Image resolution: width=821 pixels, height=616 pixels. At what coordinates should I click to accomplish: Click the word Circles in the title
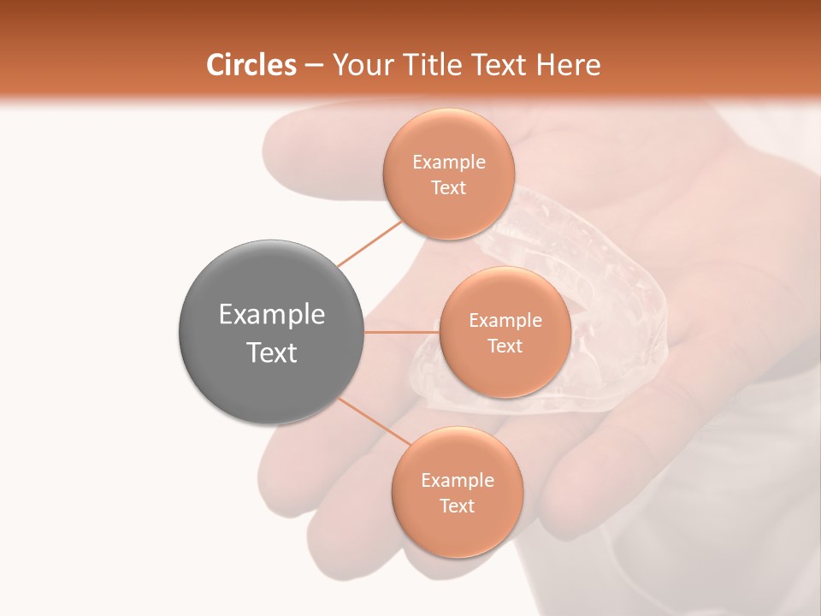(251, 65)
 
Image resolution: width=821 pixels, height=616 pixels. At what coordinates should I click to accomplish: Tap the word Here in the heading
(568, 65)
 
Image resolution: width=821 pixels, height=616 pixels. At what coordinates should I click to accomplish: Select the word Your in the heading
(359, 65)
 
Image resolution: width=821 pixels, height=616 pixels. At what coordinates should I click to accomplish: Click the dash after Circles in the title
(314, 66)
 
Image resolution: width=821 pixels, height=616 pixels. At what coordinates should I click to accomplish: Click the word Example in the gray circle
(272, 315)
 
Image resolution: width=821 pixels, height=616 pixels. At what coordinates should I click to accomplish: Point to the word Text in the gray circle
(272, 352)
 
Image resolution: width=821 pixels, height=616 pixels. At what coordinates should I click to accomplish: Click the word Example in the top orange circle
(449, 163)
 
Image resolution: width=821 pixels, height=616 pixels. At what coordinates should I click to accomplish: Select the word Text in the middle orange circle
(505, 346)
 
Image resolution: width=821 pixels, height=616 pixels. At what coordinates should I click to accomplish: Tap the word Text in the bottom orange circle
(457, 506)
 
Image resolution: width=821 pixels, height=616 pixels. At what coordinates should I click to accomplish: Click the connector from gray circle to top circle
(369, 243)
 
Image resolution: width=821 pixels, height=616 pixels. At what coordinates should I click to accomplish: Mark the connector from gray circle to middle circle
(401, 332)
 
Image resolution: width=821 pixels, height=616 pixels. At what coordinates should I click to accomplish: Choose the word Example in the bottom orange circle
(458, 480)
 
